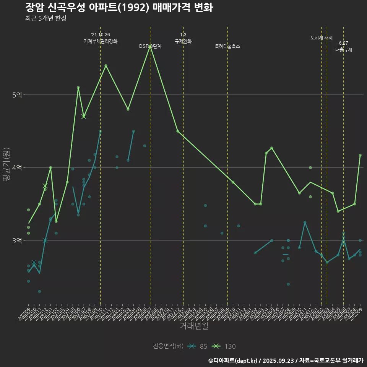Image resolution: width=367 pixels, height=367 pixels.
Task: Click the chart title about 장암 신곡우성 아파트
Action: [119, 7]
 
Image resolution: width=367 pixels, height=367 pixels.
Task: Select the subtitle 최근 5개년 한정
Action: [45, 18]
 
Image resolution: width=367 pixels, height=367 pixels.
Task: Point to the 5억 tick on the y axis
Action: [16, 95]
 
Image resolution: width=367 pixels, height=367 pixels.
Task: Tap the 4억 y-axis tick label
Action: [16, 167]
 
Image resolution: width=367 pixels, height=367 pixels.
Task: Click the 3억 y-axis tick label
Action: [16, 240]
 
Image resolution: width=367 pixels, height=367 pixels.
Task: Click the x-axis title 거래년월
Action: [194, 326]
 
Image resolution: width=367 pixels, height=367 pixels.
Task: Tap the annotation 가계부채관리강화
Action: [101, 41]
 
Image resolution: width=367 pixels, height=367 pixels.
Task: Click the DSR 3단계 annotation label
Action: [150, 46]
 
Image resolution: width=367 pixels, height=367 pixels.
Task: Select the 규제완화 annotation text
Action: [183, 41]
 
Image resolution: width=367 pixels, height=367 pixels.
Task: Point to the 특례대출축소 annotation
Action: [227, 46]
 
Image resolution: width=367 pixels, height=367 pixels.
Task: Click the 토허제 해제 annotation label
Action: [322, 38]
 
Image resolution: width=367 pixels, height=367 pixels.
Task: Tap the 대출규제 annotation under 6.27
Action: [344, 50]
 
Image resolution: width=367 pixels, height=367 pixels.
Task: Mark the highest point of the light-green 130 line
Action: [150, 47]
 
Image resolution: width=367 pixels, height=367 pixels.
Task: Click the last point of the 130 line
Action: [360, 155]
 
